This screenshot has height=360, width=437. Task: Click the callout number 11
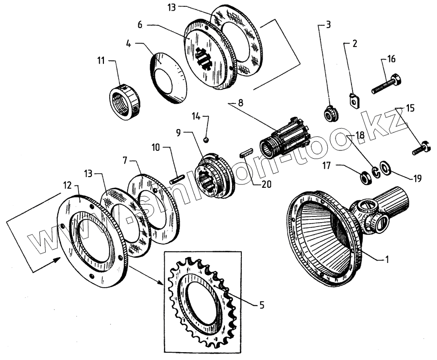tap(101, 61)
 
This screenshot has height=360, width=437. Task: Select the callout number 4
tap(128, 44)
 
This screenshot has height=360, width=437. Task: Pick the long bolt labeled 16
tap(386, 84)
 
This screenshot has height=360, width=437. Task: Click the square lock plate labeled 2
tap(355, 100)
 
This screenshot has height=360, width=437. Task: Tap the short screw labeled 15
tap(420, 147)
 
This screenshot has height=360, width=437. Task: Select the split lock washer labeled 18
tap(375, 171)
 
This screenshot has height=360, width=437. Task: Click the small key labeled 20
tap(247, 155)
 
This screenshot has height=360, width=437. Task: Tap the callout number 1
tap(387, 260)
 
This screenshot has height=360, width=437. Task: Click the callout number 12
tap(68, 185)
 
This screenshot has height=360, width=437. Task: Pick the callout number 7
tap(126, 160)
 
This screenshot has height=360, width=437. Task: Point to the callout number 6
tap(140, 24)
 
